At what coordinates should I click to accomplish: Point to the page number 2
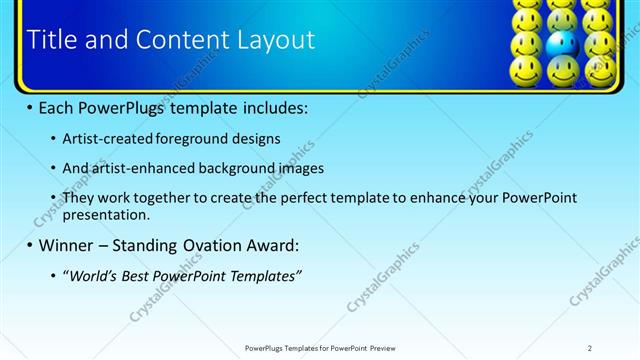[x=590, y=347]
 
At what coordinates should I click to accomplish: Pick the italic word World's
[x=92, y=275]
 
